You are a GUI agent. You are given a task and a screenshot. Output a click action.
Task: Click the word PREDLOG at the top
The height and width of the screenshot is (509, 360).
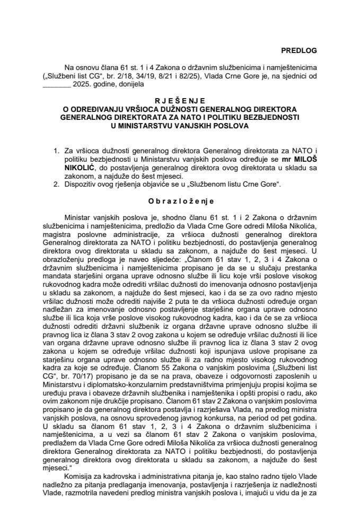tap(298, 51)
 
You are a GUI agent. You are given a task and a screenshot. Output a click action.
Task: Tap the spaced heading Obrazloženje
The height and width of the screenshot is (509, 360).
tap(180, 201)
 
